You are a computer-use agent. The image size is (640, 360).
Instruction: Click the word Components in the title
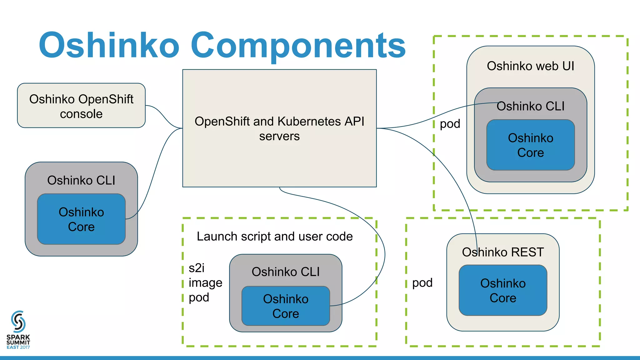pos(298,46)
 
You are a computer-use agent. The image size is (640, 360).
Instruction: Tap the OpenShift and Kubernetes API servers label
pos(279,128)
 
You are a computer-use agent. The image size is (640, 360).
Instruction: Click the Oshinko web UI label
pos(530,66)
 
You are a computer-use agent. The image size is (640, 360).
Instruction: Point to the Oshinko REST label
pos(503,252)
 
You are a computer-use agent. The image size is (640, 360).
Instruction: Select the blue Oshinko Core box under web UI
pos(530,145)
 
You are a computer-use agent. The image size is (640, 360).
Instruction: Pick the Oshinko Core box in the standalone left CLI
pos(81,219)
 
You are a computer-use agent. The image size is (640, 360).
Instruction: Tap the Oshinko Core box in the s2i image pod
pos(286,306)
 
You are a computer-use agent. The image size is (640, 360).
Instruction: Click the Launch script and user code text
pos(275,237)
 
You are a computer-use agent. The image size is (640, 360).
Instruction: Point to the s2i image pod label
pos(205,283)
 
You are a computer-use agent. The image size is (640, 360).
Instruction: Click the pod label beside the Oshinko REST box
pos(422,283)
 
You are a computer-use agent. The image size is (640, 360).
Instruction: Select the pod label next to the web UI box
pos(450,124)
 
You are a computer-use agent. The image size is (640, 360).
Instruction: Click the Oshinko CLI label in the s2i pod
pos(286,272)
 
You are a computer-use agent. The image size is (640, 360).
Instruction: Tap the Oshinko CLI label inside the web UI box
pos(530,106)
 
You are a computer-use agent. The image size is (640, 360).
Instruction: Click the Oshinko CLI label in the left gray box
pos(81,181)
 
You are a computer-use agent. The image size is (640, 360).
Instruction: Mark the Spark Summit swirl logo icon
pos(18,321)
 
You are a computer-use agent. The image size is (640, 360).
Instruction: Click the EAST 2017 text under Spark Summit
pos(18,347)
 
